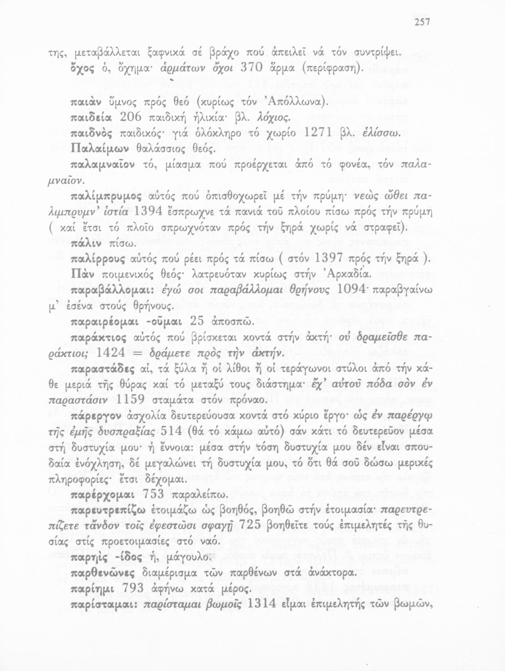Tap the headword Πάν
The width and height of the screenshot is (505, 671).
click(x=81, y=275)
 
